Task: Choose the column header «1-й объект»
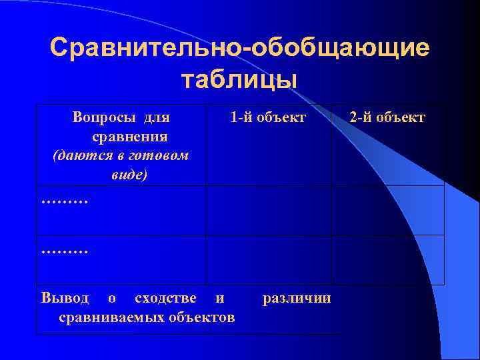[267, 118]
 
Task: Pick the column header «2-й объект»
[387, 118]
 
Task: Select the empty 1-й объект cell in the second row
[268, 210]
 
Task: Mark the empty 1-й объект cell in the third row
[268, 260]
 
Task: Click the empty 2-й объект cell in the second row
[387, 210]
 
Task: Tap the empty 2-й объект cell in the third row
[387, 260]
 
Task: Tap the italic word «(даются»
[78, 155]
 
